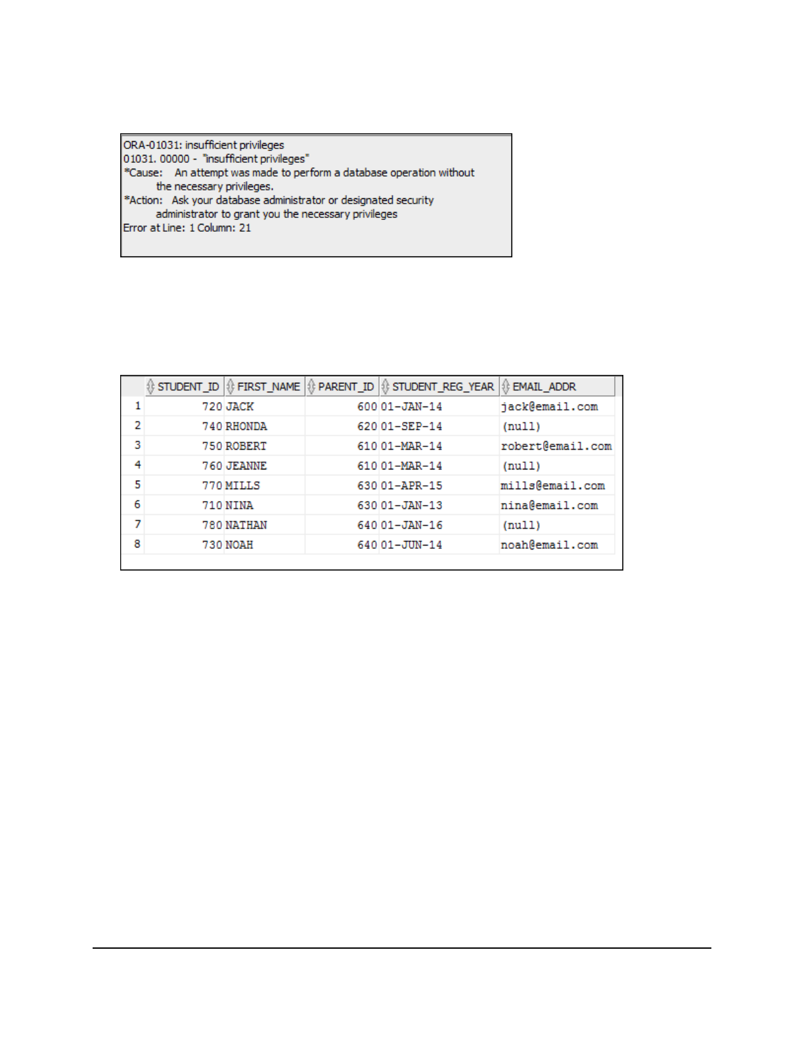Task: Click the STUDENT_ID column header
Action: (188, 387)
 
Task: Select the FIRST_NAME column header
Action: (268, 387)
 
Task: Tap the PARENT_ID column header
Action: (346, 387)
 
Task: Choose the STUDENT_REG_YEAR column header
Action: (443, 387)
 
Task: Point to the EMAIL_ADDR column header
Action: (544, 387)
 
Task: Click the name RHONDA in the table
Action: (246, 427)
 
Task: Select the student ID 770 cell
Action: (212, 486)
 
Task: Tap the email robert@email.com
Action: (556, 446)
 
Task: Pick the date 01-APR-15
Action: (411, 486)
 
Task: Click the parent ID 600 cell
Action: (367, 407)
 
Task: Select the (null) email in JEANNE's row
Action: (522, 466)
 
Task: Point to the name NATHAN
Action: (246, 525)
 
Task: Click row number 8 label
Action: (137, 544)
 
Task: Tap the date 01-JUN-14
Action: (411, 545)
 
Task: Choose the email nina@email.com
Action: (549, 506)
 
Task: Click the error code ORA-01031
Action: (151, 145)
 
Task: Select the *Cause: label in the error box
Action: (143, 173)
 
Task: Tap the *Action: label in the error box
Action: (143, 200)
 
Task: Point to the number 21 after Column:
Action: (245, 228)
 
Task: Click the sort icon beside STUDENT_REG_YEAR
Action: (386, 387)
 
